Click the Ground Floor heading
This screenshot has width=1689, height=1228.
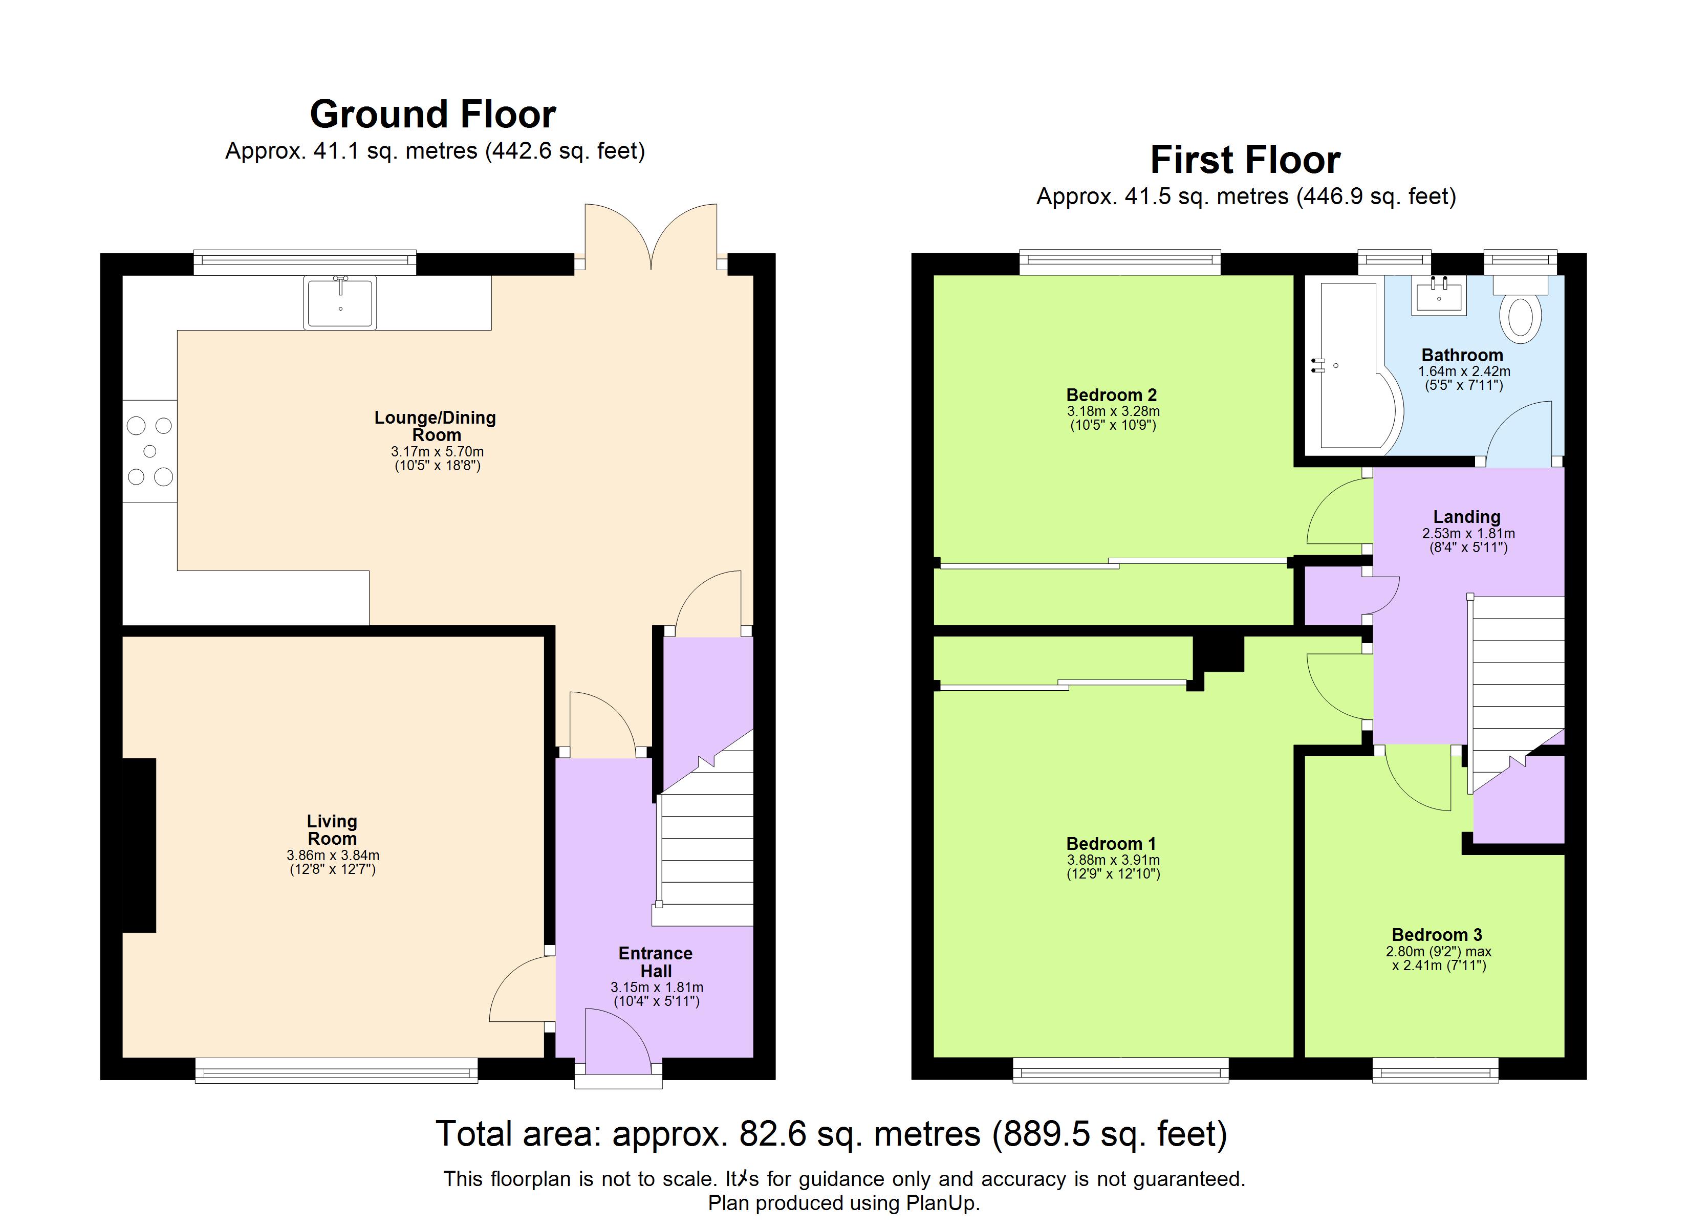[432, 115]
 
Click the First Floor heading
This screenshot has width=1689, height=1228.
[1245, 160]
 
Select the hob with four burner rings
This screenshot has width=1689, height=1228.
[149, 451]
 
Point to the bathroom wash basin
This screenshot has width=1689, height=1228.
[1439, 296]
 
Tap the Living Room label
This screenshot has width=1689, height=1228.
[332, 829]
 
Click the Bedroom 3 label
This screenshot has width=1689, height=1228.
[1437, 935]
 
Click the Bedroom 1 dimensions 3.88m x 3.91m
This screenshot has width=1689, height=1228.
[1113, 860]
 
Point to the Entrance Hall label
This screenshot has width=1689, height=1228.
[655, 962]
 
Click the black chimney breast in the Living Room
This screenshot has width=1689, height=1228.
[139, 845]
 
